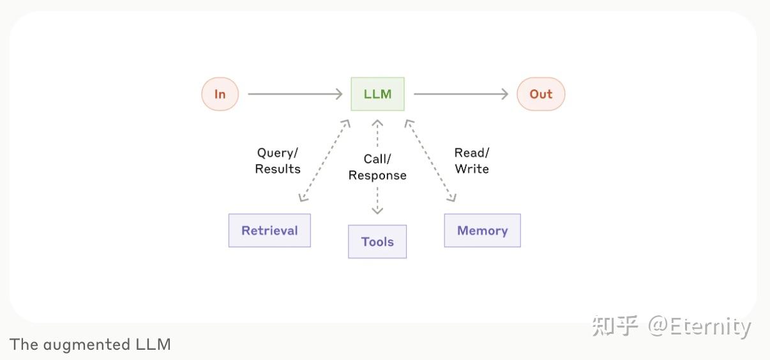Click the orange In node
tap(220, 94)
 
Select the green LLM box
tap(377, 94)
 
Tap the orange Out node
tap(541, 94)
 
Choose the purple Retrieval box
tap(269, 230)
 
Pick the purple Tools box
tap(377, 241)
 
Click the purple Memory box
tap(482, 230)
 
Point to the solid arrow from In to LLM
tap(295, 94)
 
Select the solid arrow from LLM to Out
tap(460, 94)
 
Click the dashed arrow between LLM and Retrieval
tap(324, 160)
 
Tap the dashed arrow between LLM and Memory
tap(430, 160)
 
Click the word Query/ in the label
tap(278, 153)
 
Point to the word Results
tap(278, 169)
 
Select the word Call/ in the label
tap(377, 159)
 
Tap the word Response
tap(377, 176)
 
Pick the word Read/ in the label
tap(472, 153)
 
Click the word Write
tap(472, 169)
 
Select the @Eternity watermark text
tap(700, 326)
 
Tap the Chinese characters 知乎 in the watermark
tap(615, 326)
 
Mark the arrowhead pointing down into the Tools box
tap(377, 210)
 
